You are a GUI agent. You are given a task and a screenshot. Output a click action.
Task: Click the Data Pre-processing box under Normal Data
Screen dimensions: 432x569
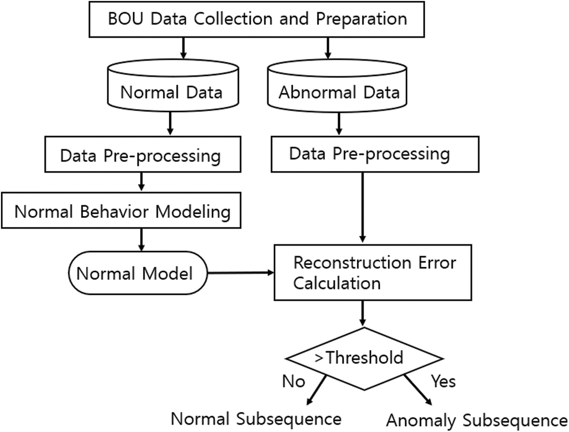click(x=141, y=156)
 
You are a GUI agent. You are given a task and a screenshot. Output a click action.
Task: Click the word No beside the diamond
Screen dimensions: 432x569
click(x=294, y=381)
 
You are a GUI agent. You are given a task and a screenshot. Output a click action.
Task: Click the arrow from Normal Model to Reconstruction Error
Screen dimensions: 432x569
click(x=240, y=273)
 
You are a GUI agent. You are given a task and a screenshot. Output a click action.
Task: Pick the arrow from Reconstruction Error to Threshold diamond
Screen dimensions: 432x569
click(x=363, y=313)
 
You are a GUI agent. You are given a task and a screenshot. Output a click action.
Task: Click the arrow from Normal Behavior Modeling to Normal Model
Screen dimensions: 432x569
click(x=141, y=239)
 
